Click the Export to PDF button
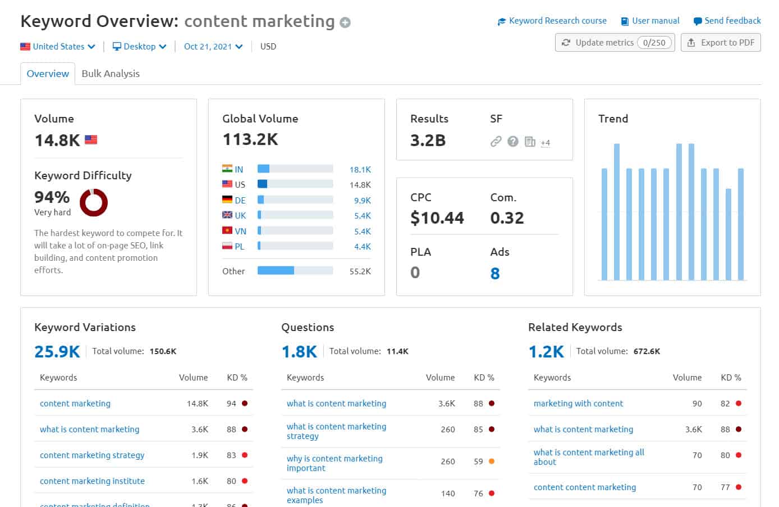pyautogui.click(x=721, y=43)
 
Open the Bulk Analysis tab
pyautogui.click(x=111, y=74)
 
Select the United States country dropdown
pyautogui.click(x=58, y=47)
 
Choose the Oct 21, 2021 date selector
pyautogui.click(x=213, y=47)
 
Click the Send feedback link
pyautogui.click(x=727, y=21)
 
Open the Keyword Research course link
pyautogui.click(x=552, y=21)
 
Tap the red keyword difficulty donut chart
pyautogui.click(x=94, y=202)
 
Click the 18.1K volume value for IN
pyautogui.click(x=360, y=170)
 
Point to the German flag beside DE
pyautogui.click(x=227, y=200)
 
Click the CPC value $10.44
pyautogui.click(x=437, y=218)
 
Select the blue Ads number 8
pyautogui.click(x=495, y=274)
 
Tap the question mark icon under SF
pyautogui.click(x=512, y=142)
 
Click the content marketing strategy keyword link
pyautogui.click(x=92, y=455)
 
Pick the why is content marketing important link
pyautogui.click(x=334, y=463)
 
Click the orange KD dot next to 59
pyautogui.click(x=492, y=461)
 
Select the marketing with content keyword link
pyautogui.click(x=578, y=404)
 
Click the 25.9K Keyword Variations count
pyautogui.click(x=57, y=352)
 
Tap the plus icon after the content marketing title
pyautogui.click(x=345, y=22)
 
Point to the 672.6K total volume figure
pyautogui.click(x=647, y=351)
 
